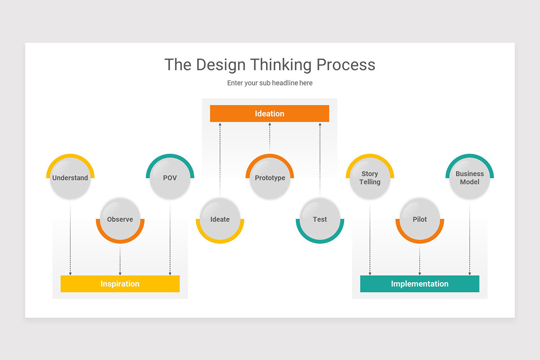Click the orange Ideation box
point(270,113)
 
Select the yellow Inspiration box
point(120,284)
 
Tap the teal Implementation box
point(419,284)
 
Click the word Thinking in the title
point(281,65)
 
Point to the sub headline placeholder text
point(270,83)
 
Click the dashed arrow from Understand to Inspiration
point(70,238)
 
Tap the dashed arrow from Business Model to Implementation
point(470,238)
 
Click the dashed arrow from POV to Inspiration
point(170,238)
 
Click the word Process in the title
point(346,65)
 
